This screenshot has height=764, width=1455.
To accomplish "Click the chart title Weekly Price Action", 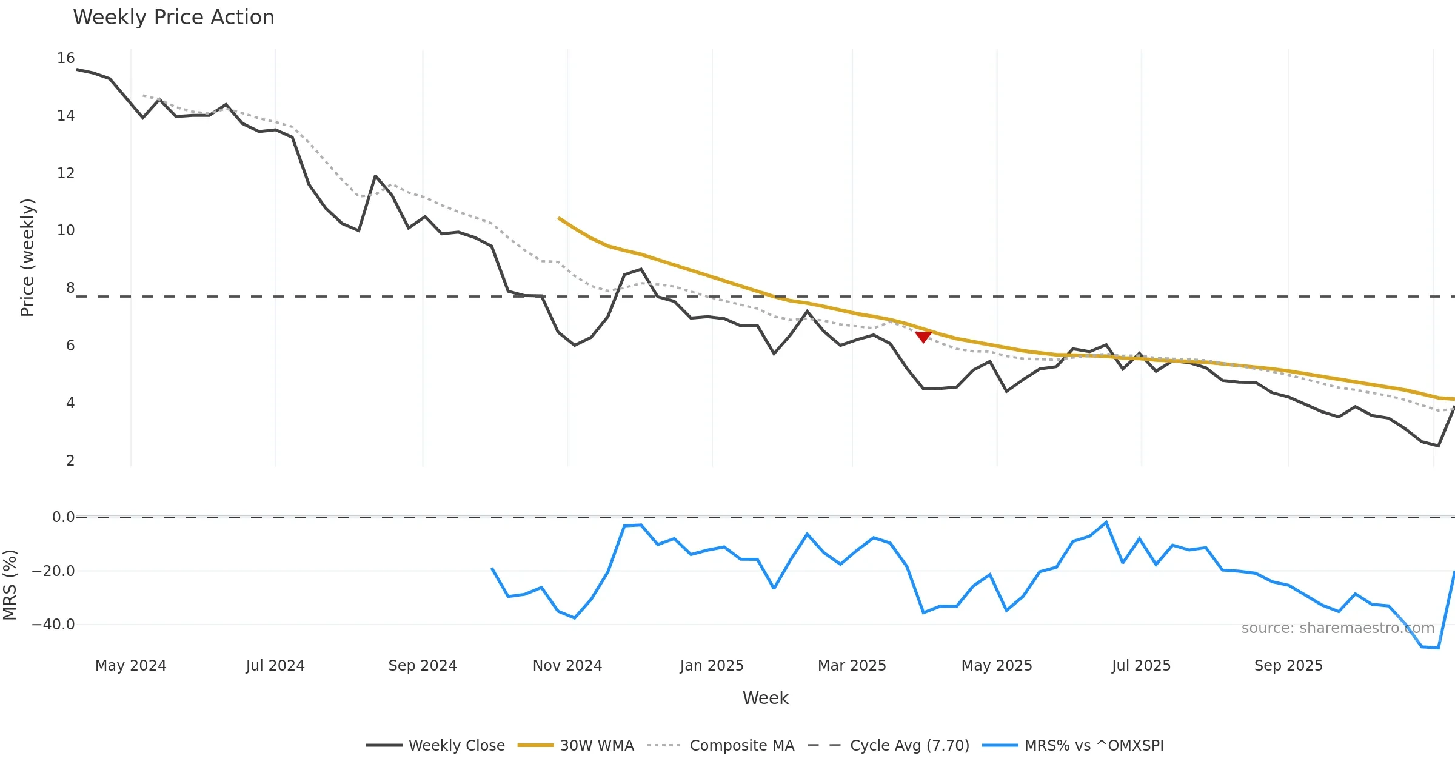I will coord(173,18).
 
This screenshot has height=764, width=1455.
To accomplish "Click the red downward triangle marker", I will coord(923,337).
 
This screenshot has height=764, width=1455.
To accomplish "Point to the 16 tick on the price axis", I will coord(66,58).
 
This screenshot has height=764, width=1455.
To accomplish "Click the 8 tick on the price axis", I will coord(70,288).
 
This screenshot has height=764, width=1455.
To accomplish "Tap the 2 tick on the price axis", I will coord(70,461).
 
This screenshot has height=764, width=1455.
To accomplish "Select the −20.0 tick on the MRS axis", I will coord(53,571).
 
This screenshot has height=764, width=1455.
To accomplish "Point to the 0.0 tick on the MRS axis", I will coord(63,517).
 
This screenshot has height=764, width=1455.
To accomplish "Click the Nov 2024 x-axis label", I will coord(567,666).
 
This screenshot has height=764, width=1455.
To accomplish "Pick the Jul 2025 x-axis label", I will coord(1141,666).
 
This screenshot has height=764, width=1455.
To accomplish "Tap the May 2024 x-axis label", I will coord(130,666).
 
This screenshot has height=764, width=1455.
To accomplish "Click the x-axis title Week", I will coord(765,699).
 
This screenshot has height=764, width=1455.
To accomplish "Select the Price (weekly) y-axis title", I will coord(27,258).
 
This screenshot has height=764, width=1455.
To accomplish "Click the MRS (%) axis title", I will coord(10,585).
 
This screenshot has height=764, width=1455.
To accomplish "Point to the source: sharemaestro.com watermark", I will coord(1337,628).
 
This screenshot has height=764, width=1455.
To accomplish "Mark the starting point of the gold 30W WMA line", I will coord(558,218).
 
